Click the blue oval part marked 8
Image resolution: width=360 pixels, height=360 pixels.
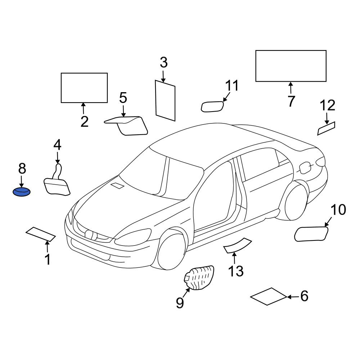point(21,192)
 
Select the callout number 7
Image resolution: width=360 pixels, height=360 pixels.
point(291,101)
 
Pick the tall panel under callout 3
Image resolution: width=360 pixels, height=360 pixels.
point(165,100)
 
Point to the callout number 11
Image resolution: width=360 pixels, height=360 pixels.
point(232,85)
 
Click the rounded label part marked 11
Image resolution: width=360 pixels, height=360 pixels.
point(212,107)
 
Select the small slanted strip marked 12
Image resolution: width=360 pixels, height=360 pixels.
point(326,129)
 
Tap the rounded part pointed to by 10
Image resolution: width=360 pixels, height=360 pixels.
point(311,234)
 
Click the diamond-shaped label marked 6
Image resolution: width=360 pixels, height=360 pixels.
point(269,296)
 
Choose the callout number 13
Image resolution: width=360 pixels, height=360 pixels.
point(236,271)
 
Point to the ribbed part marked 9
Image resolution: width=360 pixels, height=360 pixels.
point(199,278)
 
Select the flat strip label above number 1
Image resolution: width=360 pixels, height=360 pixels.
point(41,234)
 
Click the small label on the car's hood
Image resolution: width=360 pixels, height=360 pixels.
point(117,185)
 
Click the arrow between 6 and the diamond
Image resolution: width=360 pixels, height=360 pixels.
point(293,297)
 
